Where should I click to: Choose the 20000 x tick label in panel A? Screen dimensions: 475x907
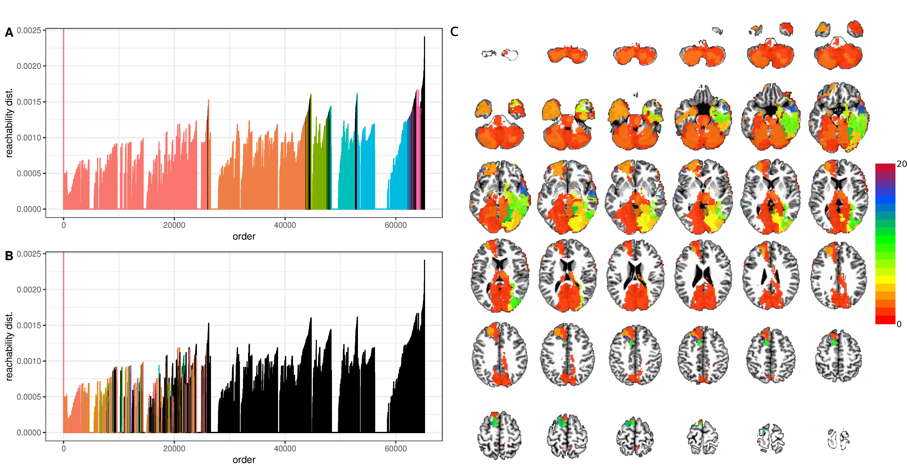pos(174,225)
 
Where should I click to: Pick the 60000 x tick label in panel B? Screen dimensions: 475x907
pos(395,449)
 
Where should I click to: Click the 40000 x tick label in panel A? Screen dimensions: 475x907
pos(285,225)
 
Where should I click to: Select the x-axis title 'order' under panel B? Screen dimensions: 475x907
pos(244,460)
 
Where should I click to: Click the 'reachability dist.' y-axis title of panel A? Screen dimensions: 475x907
pos(9,123)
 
